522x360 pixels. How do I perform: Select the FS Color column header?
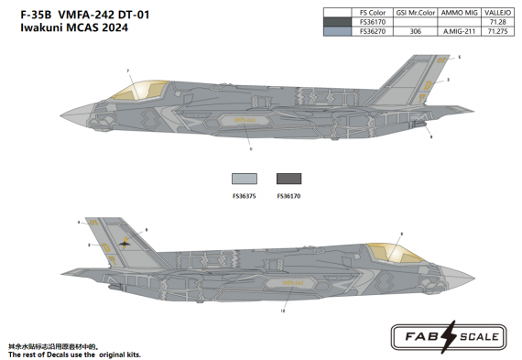point(374,13)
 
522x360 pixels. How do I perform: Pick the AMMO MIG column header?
point(460,13)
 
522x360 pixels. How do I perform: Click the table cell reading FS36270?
point(374,31)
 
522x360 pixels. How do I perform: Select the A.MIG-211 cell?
point(460,31)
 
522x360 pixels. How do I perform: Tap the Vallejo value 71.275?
point(500,31)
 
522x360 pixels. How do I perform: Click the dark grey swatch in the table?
point(338,22)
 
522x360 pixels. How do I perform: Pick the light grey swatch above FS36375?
point(245,180)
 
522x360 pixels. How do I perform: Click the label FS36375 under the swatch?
point(245,194)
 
